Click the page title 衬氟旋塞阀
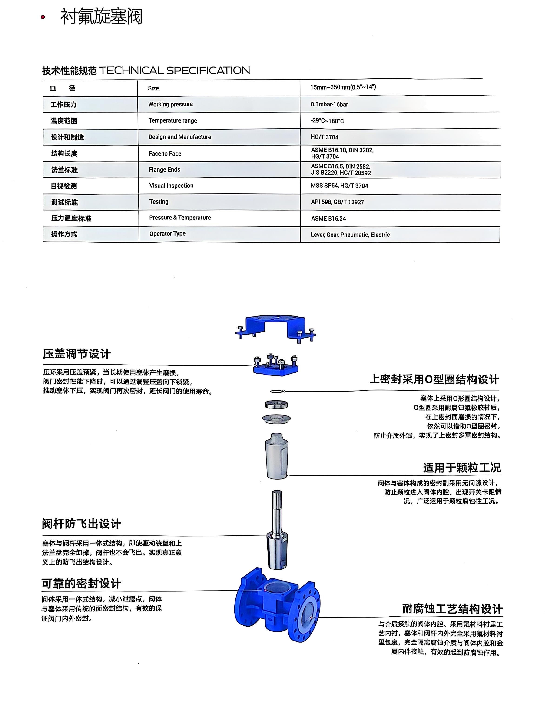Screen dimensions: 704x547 click(101, 17)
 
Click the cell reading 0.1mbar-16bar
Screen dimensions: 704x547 click(329, 104)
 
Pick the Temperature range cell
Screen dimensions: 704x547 click(172, 121)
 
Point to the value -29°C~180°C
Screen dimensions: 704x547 click(327, 121)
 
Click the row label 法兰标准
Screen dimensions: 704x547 click(64, 170)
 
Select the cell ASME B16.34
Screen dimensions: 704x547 click(328, 219)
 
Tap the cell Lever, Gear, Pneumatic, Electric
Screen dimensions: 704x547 click(350, 235)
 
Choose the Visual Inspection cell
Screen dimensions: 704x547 click(171, 186)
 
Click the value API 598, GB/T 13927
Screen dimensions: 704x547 click(337, 202)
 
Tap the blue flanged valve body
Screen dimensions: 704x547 click(276, 606)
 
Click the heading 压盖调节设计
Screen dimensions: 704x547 click(77, 354)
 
